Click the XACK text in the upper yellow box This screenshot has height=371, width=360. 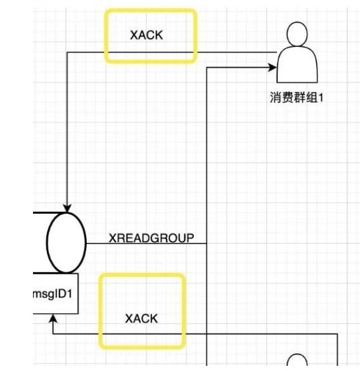coord(146,36)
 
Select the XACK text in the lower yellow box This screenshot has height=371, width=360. coord(141,318)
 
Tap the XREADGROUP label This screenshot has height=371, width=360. coord(151,238)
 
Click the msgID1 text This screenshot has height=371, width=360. coord(53,294)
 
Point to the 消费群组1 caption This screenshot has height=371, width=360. coord(297,98)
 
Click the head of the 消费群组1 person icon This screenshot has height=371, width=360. coord(297,34)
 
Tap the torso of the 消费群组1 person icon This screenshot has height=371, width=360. coord(297,64)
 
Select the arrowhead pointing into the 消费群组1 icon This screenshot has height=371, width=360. coord(272,67)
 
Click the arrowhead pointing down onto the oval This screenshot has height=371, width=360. coord(67,208)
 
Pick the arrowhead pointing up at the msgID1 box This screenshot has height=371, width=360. coord(53,318)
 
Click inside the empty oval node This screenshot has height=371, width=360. coord(66,242)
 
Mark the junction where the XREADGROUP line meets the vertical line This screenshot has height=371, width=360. coord(207,244)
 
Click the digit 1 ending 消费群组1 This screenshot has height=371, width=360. coord(321,98)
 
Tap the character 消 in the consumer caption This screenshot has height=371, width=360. coord(276,98)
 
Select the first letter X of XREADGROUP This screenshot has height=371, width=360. coord(113,238)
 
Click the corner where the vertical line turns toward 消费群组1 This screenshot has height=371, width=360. coord(207,68)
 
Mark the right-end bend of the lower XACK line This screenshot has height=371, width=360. coord(337,334)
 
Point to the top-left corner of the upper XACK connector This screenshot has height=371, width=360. coord(67,52)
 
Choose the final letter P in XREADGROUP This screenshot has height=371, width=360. coord(191,238)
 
